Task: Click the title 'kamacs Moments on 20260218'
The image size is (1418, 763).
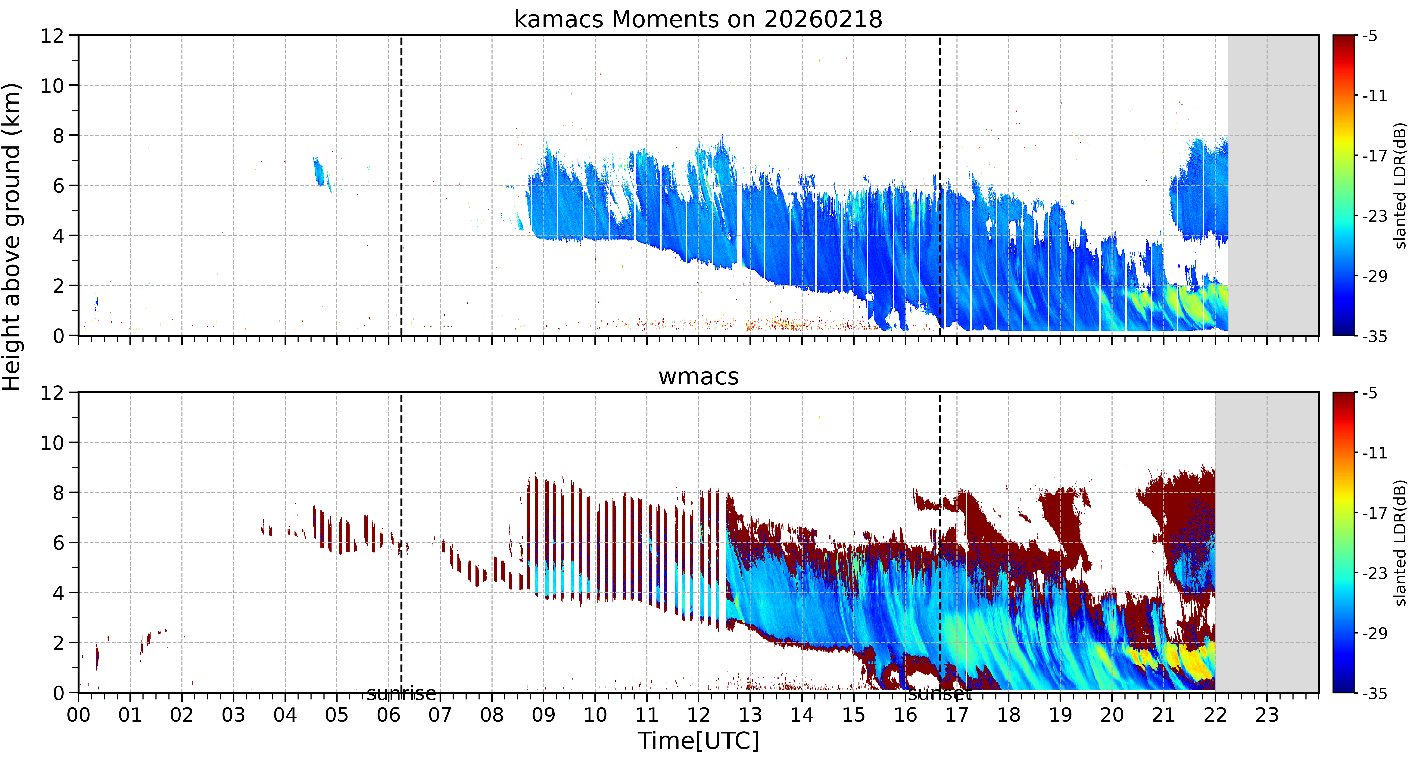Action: pos(698,19)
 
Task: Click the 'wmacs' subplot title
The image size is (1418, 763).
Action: pos(698,377)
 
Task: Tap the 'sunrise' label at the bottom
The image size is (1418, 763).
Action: pos(401,694)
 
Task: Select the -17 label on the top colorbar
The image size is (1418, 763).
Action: pos(1375,156)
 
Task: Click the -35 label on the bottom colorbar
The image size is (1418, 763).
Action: pos(1375,693)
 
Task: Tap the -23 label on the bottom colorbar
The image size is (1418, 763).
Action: pos(1375,573)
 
